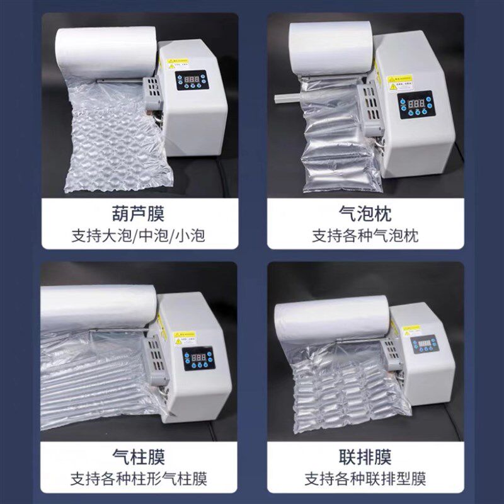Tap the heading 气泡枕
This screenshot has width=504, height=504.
(365, 214)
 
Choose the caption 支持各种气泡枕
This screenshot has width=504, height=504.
(365, 236)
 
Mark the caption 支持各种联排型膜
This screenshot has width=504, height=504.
(365, 478)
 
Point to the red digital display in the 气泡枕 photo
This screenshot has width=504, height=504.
(419, 103)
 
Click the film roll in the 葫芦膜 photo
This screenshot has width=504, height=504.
(106, 50)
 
